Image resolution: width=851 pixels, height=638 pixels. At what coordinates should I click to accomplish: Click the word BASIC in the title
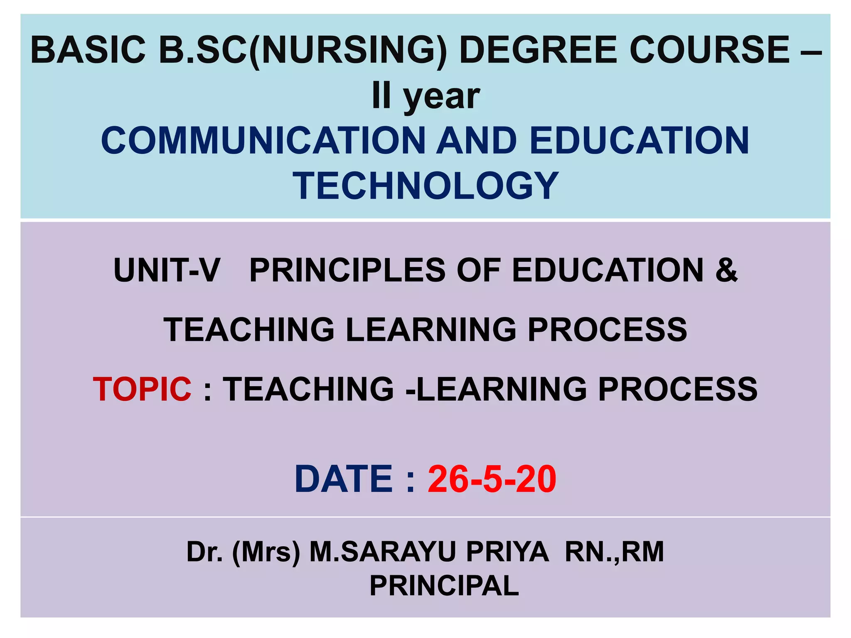click(x=88, y=50)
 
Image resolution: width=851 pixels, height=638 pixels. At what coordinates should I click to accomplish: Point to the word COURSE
click(x=709, y=50)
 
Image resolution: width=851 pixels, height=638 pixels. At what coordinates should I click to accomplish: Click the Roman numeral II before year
click(x=381, y=96)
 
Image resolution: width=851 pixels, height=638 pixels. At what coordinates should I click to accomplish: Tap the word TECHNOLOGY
click(x=425, y=185)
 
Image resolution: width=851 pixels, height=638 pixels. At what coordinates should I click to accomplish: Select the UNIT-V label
click(x=166, y=270)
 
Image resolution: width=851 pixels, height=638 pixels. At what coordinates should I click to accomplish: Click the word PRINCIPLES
click(x=347, y=270)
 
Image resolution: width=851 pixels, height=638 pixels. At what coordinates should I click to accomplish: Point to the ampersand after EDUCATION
click(x=726, y=270)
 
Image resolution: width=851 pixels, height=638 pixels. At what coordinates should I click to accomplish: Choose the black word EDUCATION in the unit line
click(x=608, y=270)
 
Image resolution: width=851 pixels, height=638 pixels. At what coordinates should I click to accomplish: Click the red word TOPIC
click(x=142, y=389)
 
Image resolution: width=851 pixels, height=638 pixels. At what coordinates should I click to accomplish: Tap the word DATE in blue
click(x=343, y=479)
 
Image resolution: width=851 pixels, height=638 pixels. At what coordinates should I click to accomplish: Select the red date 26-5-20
click(x=492, y=479)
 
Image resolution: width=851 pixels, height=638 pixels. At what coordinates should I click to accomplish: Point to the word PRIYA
click(x=507, y=552)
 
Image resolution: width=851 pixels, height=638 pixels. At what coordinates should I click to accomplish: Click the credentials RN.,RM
click(x=614, y=552)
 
